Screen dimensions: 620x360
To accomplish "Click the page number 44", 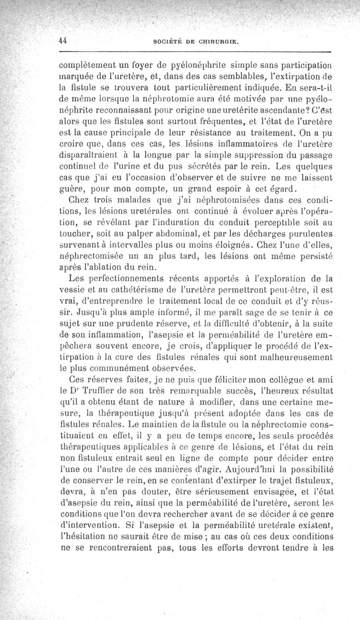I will (63, 40).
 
